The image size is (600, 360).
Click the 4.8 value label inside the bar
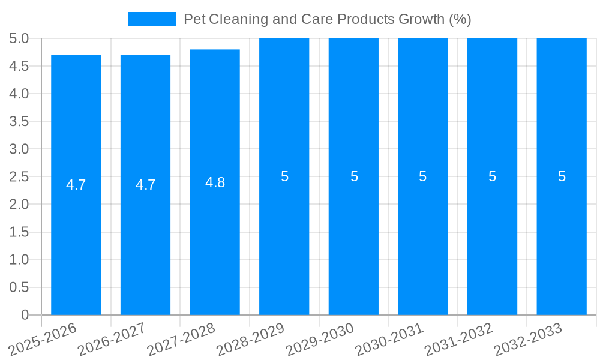click(215, 183)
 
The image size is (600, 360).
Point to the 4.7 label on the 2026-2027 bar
click(145, 185)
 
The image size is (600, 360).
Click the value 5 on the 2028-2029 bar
click(284, 176)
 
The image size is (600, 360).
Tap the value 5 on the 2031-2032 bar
click(492, 176)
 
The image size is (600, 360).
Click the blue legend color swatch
click(152, 19)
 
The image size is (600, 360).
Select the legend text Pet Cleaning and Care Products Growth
click(327, 19)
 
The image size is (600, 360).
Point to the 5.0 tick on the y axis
click(19, 38)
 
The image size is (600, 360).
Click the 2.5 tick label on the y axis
click(19, 176)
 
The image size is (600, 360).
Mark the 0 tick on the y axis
click(25, 315)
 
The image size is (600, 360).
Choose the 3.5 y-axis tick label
click(19, 121)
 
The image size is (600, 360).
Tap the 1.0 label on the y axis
click(19, 260)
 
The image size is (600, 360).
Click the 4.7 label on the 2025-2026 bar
click(76, 185)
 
